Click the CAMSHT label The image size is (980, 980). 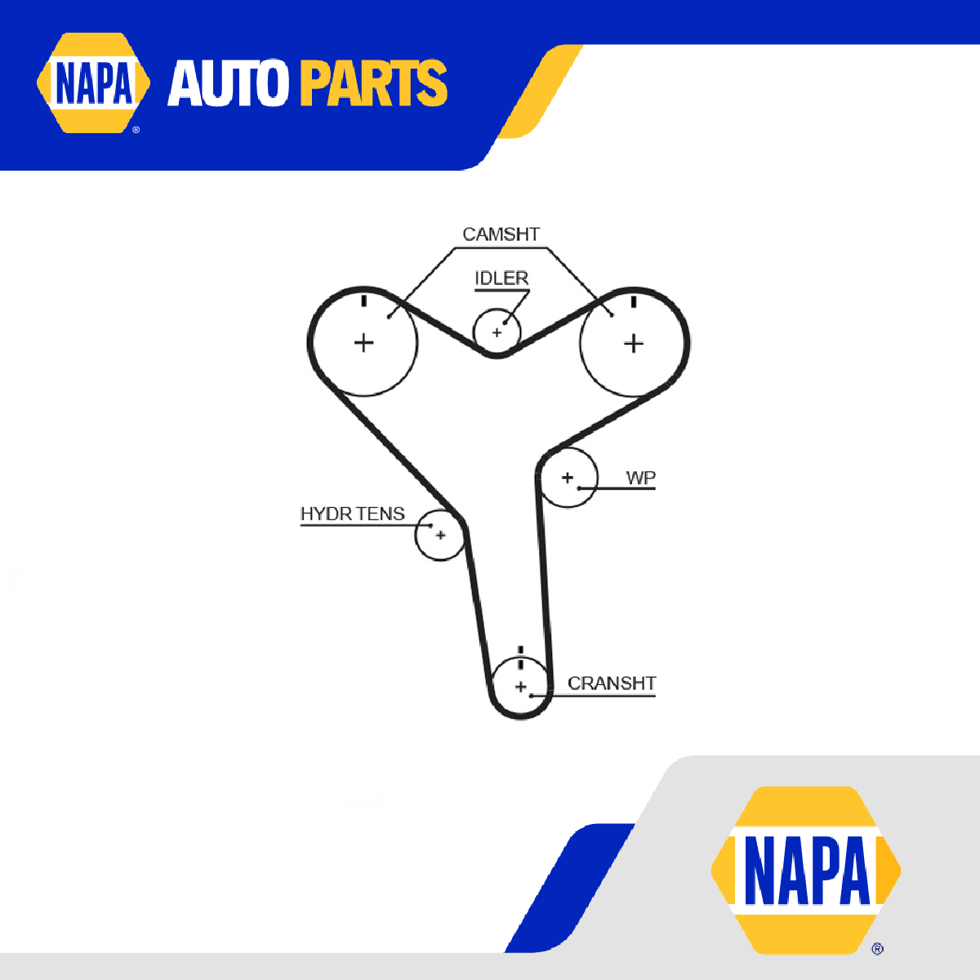coord(501,234)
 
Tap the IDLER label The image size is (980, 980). coord(501,278)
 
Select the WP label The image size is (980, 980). coord(640,478)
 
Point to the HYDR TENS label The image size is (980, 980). coord(352,514)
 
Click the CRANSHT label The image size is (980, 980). coord(612,683)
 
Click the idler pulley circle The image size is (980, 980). coord(497,332)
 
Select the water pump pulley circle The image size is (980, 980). coord(568,478)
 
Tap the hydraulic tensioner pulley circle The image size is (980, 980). coord(440,535)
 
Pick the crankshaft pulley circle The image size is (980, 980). coord(521,687)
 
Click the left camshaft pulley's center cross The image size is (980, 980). coord(363,342)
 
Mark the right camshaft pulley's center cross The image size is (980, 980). coord(634,343)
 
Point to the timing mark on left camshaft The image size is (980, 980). coord(364,301)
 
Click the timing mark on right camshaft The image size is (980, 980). coord(634,301)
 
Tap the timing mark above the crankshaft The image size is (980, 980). coord(521,651)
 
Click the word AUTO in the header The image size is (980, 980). coord(229,83)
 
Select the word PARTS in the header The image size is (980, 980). coord(373,83)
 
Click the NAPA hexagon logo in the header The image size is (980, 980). coord(93,82)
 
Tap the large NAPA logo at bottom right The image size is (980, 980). coord(805,870)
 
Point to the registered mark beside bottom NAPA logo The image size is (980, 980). coord(877,949)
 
